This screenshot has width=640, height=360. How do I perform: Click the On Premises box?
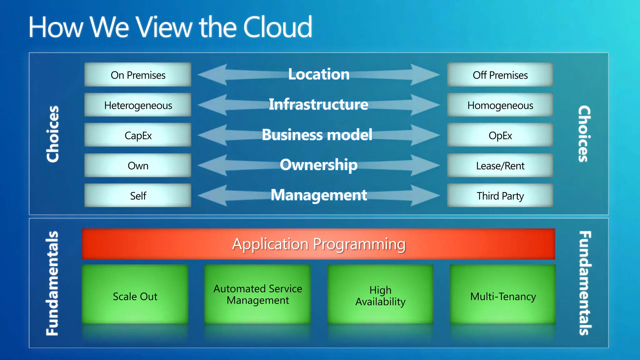click(138, 75)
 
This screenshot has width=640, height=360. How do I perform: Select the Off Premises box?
click(500, 75)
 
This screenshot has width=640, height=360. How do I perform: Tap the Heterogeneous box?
click(138, 105)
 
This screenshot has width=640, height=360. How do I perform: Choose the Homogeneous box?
click(500, 105)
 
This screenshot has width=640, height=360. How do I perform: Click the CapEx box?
click(138, 135)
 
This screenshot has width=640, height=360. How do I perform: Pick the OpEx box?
click(500, 135)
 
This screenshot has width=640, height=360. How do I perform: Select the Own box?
click(138, 165)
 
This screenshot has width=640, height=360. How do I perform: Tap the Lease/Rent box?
click(500, 165)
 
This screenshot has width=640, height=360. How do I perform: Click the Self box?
click(138, 196)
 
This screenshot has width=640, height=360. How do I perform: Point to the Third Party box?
click(500, 196)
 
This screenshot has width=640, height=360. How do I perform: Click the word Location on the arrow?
click(319, 74)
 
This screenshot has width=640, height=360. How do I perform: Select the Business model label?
click(317, 135)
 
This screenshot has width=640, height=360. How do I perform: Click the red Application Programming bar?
click(318, 244)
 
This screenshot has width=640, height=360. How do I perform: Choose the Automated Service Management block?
click(257, 294)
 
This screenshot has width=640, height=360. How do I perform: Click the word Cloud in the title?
click(277, 27)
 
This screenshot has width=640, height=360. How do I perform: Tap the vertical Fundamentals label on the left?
click(52, 283)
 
